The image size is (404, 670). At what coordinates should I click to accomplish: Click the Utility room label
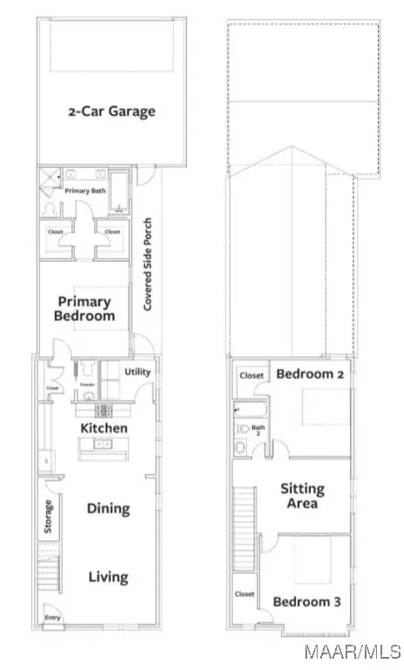coord(138,372)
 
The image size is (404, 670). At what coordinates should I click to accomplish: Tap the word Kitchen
coord(104,428)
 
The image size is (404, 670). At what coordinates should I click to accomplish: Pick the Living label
coord(107,576)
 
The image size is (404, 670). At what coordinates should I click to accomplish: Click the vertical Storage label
coord(49,516)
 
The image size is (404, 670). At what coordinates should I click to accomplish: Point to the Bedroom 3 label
coord(302,601)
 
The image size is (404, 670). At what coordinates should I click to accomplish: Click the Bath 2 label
coord(257,428)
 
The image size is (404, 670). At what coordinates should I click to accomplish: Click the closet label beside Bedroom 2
coord(251,376)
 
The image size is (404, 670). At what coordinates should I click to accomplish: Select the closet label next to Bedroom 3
coord(245,594)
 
